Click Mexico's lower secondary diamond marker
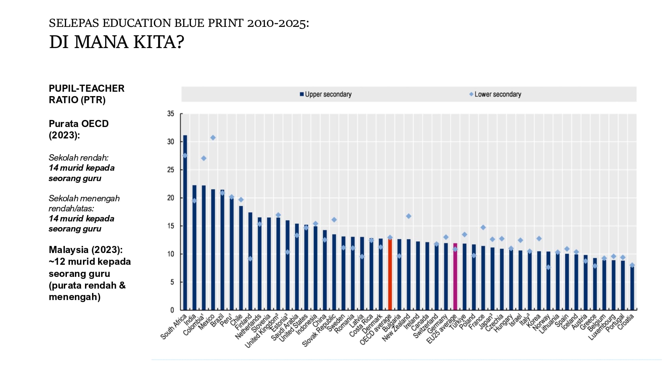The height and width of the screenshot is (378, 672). coord(213,138)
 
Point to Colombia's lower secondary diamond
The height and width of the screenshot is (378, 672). coord(204,158)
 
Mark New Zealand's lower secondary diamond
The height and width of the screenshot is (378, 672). coord(409,216)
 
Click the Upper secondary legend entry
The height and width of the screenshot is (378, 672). coord(326,94)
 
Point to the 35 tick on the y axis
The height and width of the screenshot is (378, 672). coord(171,114)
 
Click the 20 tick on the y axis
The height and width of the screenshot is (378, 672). coord(171,198)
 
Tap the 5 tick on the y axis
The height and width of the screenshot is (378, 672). coord(172,282)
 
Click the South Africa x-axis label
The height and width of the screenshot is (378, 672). coord(173,327)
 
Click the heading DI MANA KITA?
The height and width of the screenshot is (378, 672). coord(117,42)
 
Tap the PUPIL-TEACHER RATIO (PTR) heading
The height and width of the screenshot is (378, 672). coord(86,94)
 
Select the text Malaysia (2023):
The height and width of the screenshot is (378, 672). coord(86,250)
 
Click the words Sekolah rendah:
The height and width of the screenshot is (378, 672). coord(78,158)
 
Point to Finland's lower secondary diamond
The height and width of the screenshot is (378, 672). coord(250,259)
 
